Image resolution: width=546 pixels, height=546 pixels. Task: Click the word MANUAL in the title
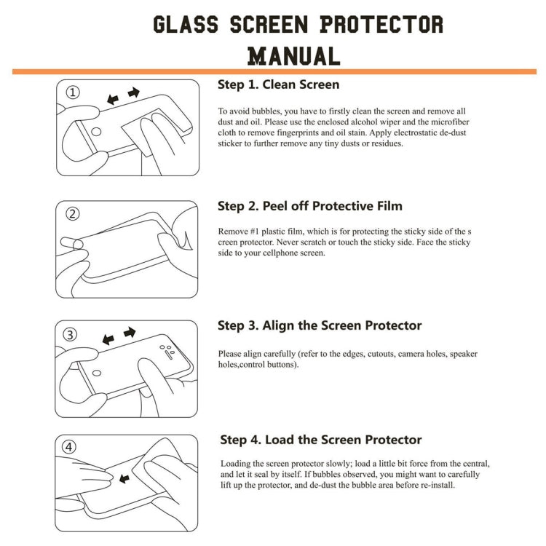(293, 56)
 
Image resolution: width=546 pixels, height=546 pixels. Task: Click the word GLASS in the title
(186, 24)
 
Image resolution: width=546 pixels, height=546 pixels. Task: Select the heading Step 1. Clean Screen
(278, 84)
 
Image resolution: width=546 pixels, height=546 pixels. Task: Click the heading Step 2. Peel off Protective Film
(310, 206)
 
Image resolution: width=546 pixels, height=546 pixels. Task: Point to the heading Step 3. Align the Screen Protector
(320, 325)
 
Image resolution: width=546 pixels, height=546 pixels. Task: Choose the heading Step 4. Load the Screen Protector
(320, 440)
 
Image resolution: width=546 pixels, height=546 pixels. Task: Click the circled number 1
(73, 92)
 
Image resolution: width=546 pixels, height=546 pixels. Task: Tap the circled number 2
(73, 214)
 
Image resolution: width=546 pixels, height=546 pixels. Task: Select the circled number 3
(71, 335)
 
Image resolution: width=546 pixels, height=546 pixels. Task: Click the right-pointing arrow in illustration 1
(133, 93)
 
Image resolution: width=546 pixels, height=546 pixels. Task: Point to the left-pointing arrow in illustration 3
(108, 339)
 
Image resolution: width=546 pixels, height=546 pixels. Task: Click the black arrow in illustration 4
(123, 478)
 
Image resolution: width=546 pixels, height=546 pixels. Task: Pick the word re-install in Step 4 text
(435, 485)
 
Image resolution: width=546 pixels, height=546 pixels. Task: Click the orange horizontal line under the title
(274, 71)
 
